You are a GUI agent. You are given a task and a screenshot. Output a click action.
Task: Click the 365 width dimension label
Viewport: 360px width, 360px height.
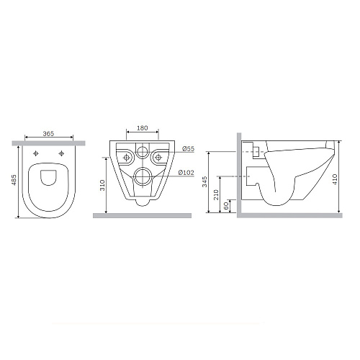[48, 133]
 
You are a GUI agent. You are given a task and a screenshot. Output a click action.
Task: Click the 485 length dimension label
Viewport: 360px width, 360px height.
[14, 180]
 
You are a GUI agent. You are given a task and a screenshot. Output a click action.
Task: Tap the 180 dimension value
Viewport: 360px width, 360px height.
[143, 128]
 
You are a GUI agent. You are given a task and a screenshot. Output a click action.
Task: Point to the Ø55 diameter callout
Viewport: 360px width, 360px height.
[188, 149]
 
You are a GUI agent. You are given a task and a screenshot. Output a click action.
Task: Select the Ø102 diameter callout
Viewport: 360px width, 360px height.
[186, 172]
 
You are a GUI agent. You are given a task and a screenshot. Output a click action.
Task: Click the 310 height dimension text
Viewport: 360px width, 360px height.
[102, 185]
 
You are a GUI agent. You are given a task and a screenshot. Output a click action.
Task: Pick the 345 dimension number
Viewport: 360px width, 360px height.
[204, 181]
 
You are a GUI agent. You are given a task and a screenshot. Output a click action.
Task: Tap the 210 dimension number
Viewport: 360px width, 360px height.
[216, 194]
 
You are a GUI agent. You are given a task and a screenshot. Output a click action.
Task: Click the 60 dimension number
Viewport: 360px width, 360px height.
[226, 205]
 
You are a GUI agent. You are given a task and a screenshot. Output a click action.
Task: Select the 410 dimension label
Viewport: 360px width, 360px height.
[336, 179]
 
